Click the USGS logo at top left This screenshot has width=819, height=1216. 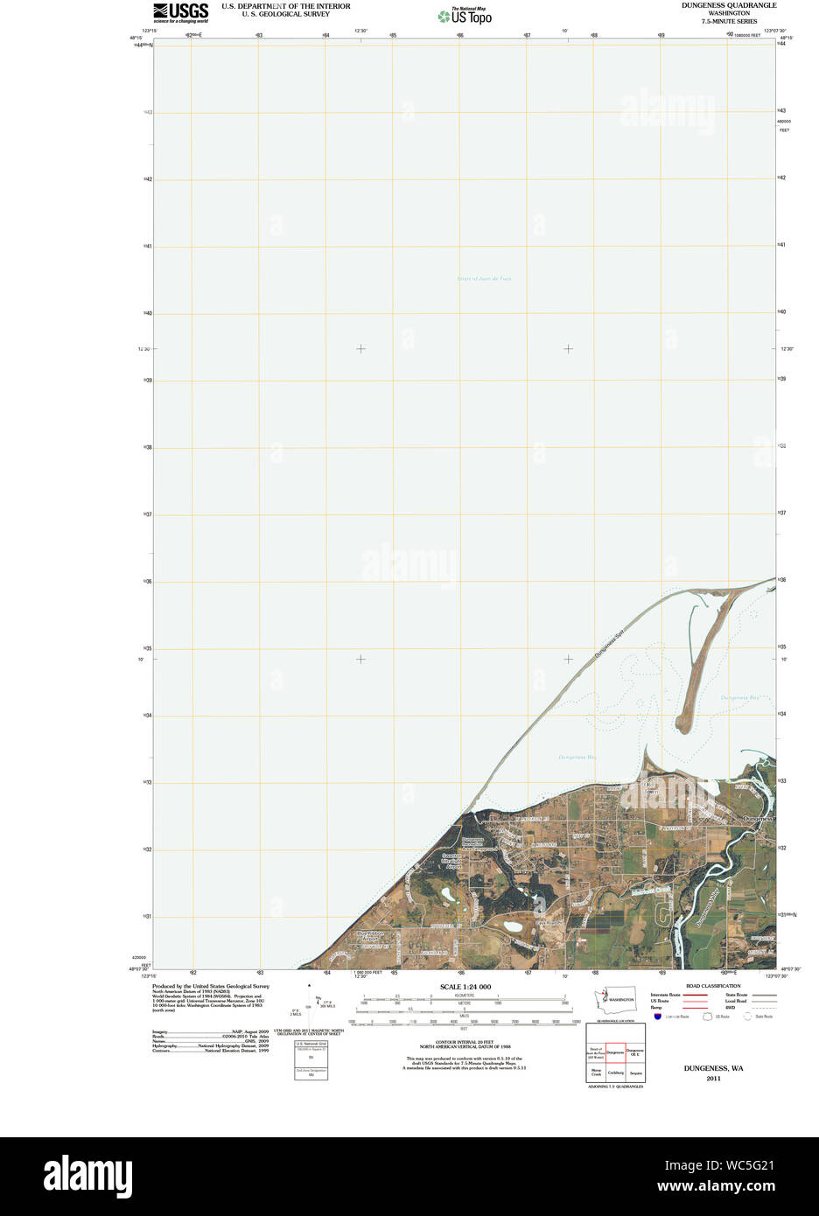[x=181, y=12]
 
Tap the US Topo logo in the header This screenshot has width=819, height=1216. [x=465, y=17]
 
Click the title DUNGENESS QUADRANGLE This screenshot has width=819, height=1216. [x=728, y=5]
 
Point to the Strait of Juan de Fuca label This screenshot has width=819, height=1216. [x=484, y=279]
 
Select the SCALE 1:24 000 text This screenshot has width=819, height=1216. [x=465, y=987]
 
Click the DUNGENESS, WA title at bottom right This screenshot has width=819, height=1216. [x=713, y=1068]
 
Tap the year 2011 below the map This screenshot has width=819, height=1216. [x=713, y=1078]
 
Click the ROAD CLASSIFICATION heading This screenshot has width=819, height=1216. [x=713, y=986]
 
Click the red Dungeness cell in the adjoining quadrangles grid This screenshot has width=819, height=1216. [x=615, y=1052]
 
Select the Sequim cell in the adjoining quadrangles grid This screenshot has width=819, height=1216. [x=636, y=1073]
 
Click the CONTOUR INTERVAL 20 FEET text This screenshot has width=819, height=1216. [x=465, y=1042]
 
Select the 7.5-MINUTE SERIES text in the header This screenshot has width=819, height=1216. [x=728, y=21]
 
